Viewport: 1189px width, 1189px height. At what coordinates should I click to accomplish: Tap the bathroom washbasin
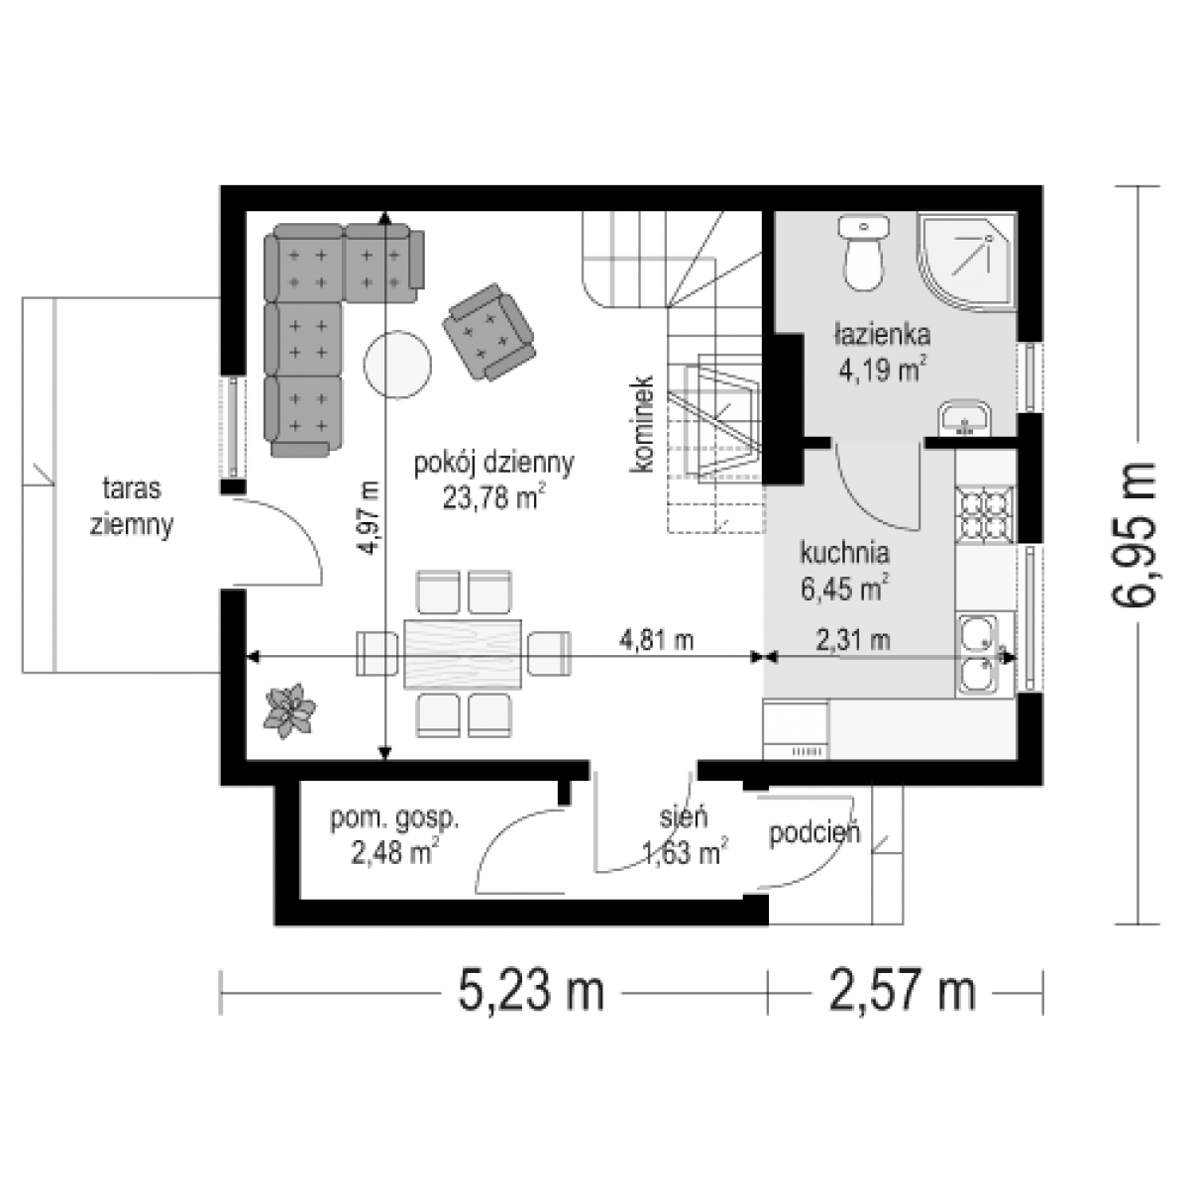coord(964,419)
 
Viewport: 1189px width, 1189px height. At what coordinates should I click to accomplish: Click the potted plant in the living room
coord(289,710)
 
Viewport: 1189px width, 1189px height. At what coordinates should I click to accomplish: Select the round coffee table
coord(397,366)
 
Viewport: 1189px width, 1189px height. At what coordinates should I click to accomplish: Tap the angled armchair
coord(488,333)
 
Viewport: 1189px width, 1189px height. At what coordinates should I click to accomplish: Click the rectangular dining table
coord(463,653)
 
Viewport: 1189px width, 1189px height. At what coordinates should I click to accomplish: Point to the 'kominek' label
coord(642,424)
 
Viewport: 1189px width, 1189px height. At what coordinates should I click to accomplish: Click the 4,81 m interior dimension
coord(656,640)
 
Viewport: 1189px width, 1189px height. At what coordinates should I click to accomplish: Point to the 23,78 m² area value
coord(493,497)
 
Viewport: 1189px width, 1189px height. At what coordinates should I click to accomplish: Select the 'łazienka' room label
coord(882,335)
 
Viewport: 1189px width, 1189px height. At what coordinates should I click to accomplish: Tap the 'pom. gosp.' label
coord(395,818)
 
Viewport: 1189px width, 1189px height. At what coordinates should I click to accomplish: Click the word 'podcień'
coord(814,832)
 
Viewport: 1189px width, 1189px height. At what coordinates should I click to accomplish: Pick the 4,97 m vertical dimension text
coord(371,517)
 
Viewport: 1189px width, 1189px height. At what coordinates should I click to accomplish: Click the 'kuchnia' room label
coord(845,552)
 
